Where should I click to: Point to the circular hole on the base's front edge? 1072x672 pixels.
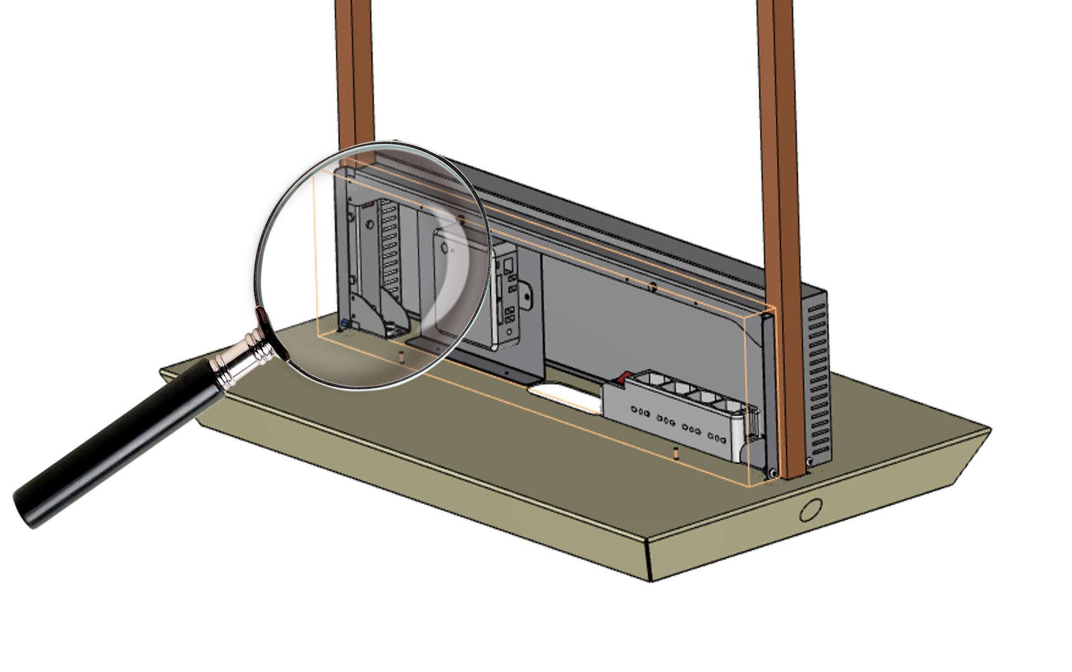pos(810,510)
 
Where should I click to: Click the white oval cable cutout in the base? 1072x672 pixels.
pos(564,397)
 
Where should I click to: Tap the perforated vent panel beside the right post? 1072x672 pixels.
pos(817,380)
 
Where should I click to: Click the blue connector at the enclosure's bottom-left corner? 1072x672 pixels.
pos(345,324)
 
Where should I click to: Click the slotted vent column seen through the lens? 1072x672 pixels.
pos(390,246)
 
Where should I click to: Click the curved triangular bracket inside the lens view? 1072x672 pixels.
pos(368,315)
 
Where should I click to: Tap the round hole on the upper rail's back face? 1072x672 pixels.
pos(651,287)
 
